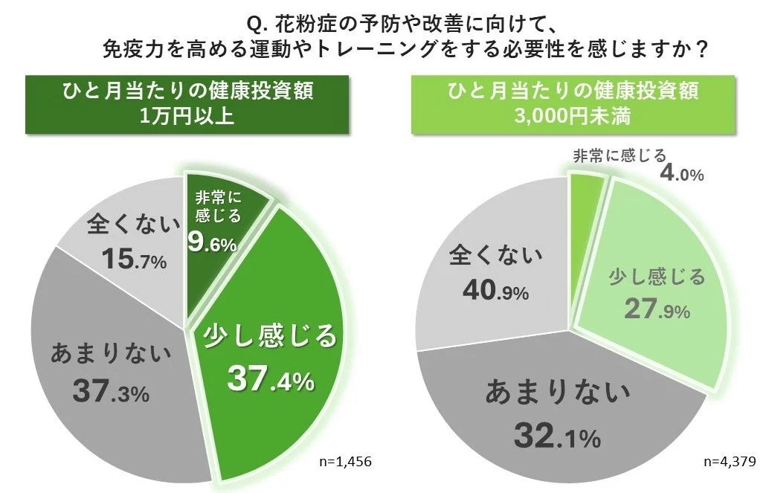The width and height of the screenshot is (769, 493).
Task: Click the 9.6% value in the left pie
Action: (212, 243)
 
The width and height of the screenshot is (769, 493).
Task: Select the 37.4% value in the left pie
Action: (271, 381)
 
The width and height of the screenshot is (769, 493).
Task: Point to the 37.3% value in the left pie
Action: (111, 391)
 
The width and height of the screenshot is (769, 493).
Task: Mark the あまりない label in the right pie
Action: (557, 392)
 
